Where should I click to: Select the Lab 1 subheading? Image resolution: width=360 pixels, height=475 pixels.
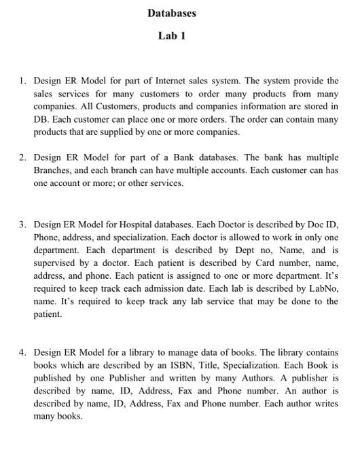click(171, 35)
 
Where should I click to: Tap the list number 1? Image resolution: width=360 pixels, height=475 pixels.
click(22, 81)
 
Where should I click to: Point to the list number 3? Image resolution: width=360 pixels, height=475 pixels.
click(22, 223)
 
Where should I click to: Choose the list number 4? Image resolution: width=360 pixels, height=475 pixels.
click(22, 353)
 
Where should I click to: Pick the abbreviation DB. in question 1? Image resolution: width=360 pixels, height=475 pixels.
click(41, 119)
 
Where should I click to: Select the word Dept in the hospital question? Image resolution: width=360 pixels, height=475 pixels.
click(230, 250)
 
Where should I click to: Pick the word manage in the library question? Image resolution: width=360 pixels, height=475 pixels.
click(168, 353)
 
